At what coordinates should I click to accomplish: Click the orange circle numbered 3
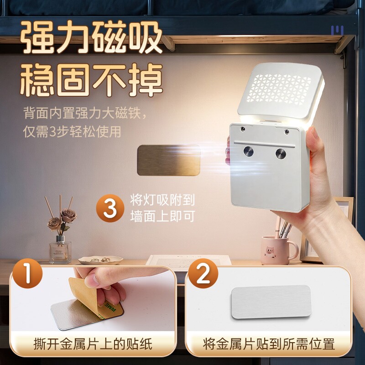(110, 208)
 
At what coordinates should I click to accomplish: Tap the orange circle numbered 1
(27, 273)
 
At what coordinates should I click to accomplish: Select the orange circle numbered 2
(203, 273)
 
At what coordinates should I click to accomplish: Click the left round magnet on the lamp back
(248, 151)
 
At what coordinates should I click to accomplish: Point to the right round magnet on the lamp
(281, 154)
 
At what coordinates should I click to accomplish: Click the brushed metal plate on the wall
(168, 160)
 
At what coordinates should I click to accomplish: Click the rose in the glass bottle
(69, 216)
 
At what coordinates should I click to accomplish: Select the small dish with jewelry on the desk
(100, 260)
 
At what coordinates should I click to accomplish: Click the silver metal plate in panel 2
(271, 302)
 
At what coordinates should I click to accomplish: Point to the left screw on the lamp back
(243, 129)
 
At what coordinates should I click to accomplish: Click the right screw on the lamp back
(287, 132)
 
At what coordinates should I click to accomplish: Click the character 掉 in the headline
(146, 79)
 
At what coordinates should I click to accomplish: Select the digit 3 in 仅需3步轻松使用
(52, 132)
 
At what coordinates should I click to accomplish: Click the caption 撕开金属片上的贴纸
(93, 344)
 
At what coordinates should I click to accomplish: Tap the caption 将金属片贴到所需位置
(269, 344)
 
